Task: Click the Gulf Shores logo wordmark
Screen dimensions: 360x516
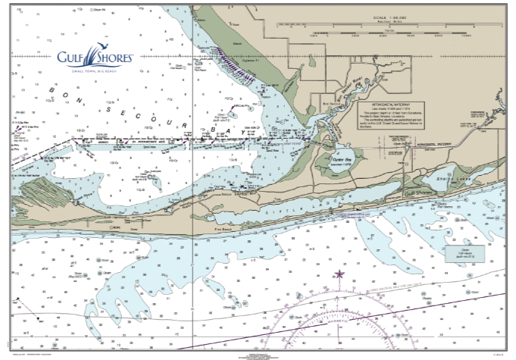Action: pyautogui.click(x=96, y=56)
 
